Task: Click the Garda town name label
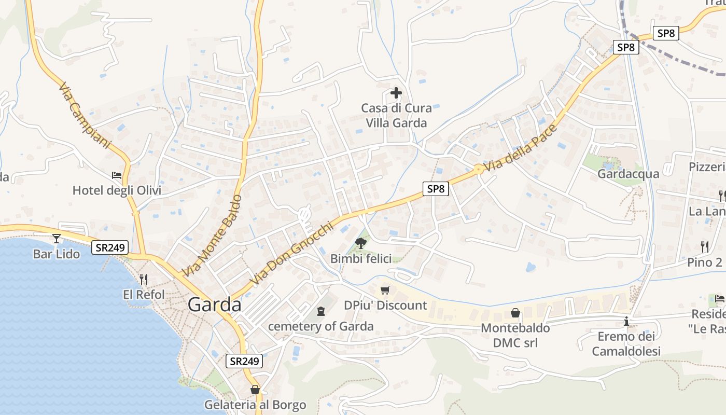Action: (214, 305)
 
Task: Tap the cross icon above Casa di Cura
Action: (396, 93)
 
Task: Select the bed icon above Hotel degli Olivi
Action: (117, 175)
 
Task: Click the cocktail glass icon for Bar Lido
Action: (57, 239)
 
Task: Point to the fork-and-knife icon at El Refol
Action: (144, 280)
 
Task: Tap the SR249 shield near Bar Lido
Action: (110, 247)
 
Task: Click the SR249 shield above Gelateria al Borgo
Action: (244, 361)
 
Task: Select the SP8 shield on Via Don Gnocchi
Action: (436, 189)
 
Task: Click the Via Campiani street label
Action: (85, 116)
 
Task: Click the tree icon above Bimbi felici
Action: (361, 242)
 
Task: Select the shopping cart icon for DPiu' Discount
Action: (385, 290)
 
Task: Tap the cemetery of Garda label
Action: (320, 326)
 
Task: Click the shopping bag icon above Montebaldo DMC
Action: (515, 313)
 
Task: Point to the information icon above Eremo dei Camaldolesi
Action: (626, 322)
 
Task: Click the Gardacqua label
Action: (628, 174)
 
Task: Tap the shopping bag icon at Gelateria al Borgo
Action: (255, 390)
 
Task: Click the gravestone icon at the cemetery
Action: (321, 311)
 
